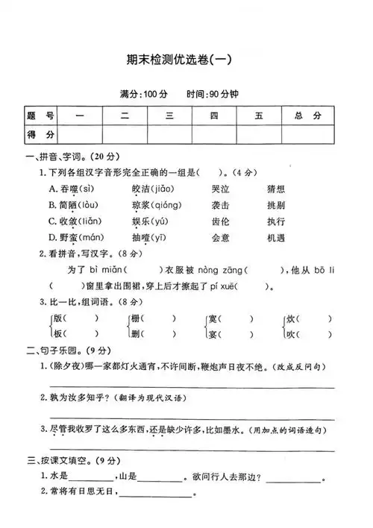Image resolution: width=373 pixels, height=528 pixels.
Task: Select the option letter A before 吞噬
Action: coord(53,189)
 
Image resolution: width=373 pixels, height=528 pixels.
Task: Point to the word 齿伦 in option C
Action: coord(220,221)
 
